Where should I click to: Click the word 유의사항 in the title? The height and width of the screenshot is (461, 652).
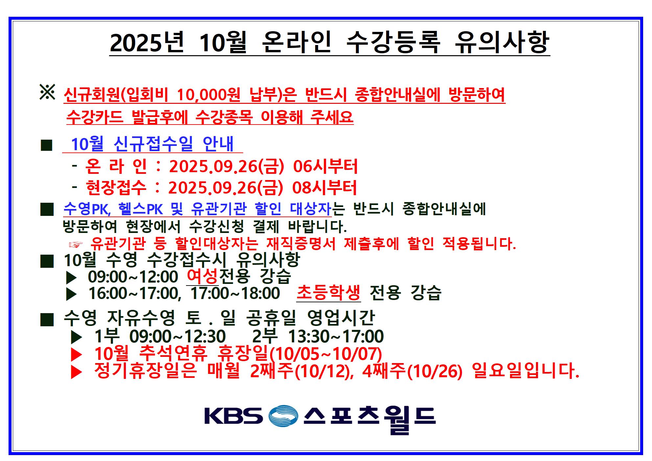click(502, 42)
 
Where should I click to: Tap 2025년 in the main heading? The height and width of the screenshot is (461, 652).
click(147, 43)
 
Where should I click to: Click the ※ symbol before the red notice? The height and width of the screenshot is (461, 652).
click(47, 92)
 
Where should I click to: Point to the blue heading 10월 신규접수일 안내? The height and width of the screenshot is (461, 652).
click(152, 144)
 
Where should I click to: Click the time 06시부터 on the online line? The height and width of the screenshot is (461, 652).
click(325, 166)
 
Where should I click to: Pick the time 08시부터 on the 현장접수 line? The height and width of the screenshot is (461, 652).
click(324, 188)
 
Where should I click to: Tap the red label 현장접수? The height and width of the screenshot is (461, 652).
click(116, 188)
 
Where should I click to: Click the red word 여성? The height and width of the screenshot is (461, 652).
click(202, 276)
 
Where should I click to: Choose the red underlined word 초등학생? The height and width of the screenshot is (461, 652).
click(328, 292)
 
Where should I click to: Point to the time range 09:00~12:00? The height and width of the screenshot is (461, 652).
click(133, 277)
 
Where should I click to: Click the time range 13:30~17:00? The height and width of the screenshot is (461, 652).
click(336, 336)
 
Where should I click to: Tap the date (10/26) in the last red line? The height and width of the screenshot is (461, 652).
click(435, 371)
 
